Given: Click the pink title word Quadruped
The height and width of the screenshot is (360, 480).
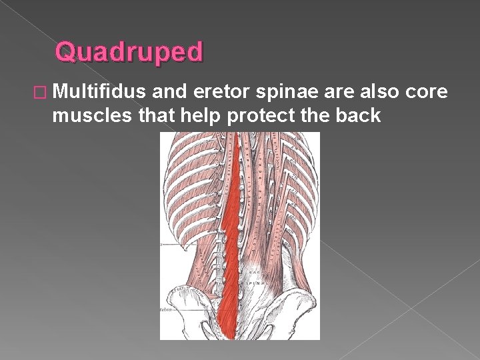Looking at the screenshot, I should [129, 51].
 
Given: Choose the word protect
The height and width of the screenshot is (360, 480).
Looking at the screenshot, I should [265, 116].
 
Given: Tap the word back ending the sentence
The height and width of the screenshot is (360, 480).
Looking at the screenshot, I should [358, 116].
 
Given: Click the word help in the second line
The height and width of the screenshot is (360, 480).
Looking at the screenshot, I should [203, 116].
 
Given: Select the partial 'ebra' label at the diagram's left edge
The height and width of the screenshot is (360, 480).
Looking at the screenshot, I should [166, 310].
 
